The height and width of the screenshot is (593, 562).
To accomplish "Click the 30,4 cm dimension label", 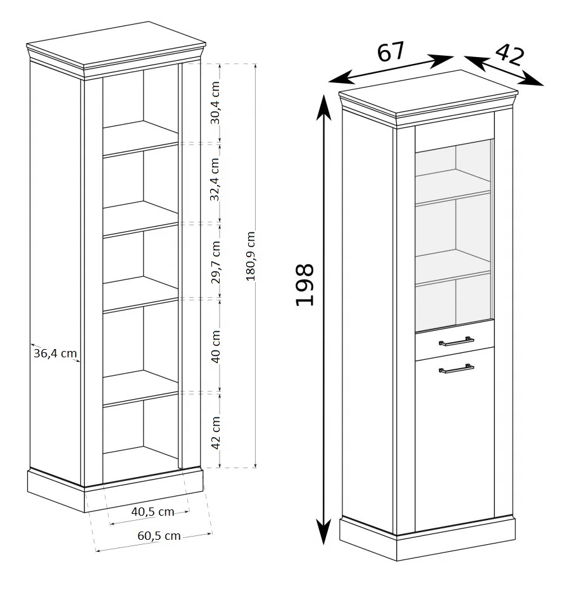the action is (215, 103).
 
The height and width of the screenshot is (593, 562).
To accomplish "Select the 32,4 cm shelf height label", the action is (215, 179).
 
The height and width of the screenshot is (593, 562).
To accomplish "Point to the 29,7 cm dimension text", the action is (215, 262).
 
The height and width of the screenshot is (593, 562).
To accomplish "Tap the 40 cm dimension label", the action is (215, 347).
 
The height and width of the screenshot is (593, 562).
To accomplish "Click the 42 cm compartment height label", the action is (215, 433).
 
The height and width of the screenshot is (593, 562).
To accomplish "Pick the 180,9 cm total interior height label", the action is (251, 256).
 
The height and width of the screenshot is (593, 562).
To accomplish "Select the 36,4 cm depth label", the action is (55, 354).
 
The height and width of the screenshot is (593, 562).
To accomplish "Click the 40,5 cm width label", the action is (153, 512).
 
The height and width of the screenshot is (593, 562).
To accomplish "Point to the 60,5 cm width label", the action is (159, 535).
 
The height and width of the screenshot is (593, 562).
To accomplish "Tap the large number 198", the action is (304, 284).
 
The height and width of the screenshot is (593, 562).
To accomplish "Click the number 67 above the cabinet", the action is (391, 51).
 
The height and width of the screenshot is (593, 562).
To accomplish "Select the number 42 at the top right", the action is (510, 54).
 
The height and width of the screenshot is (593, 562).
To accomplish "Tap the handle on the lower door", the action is (456, 369).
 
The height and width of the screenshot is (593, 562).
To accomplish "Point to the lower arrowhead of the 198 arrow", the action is (323, 532).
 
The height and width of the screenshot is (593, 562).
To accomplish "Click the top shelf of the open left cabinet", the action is (140, 137).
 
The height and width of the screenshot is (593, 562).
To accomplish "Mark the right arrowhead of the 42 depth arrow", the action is (532, 80).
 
